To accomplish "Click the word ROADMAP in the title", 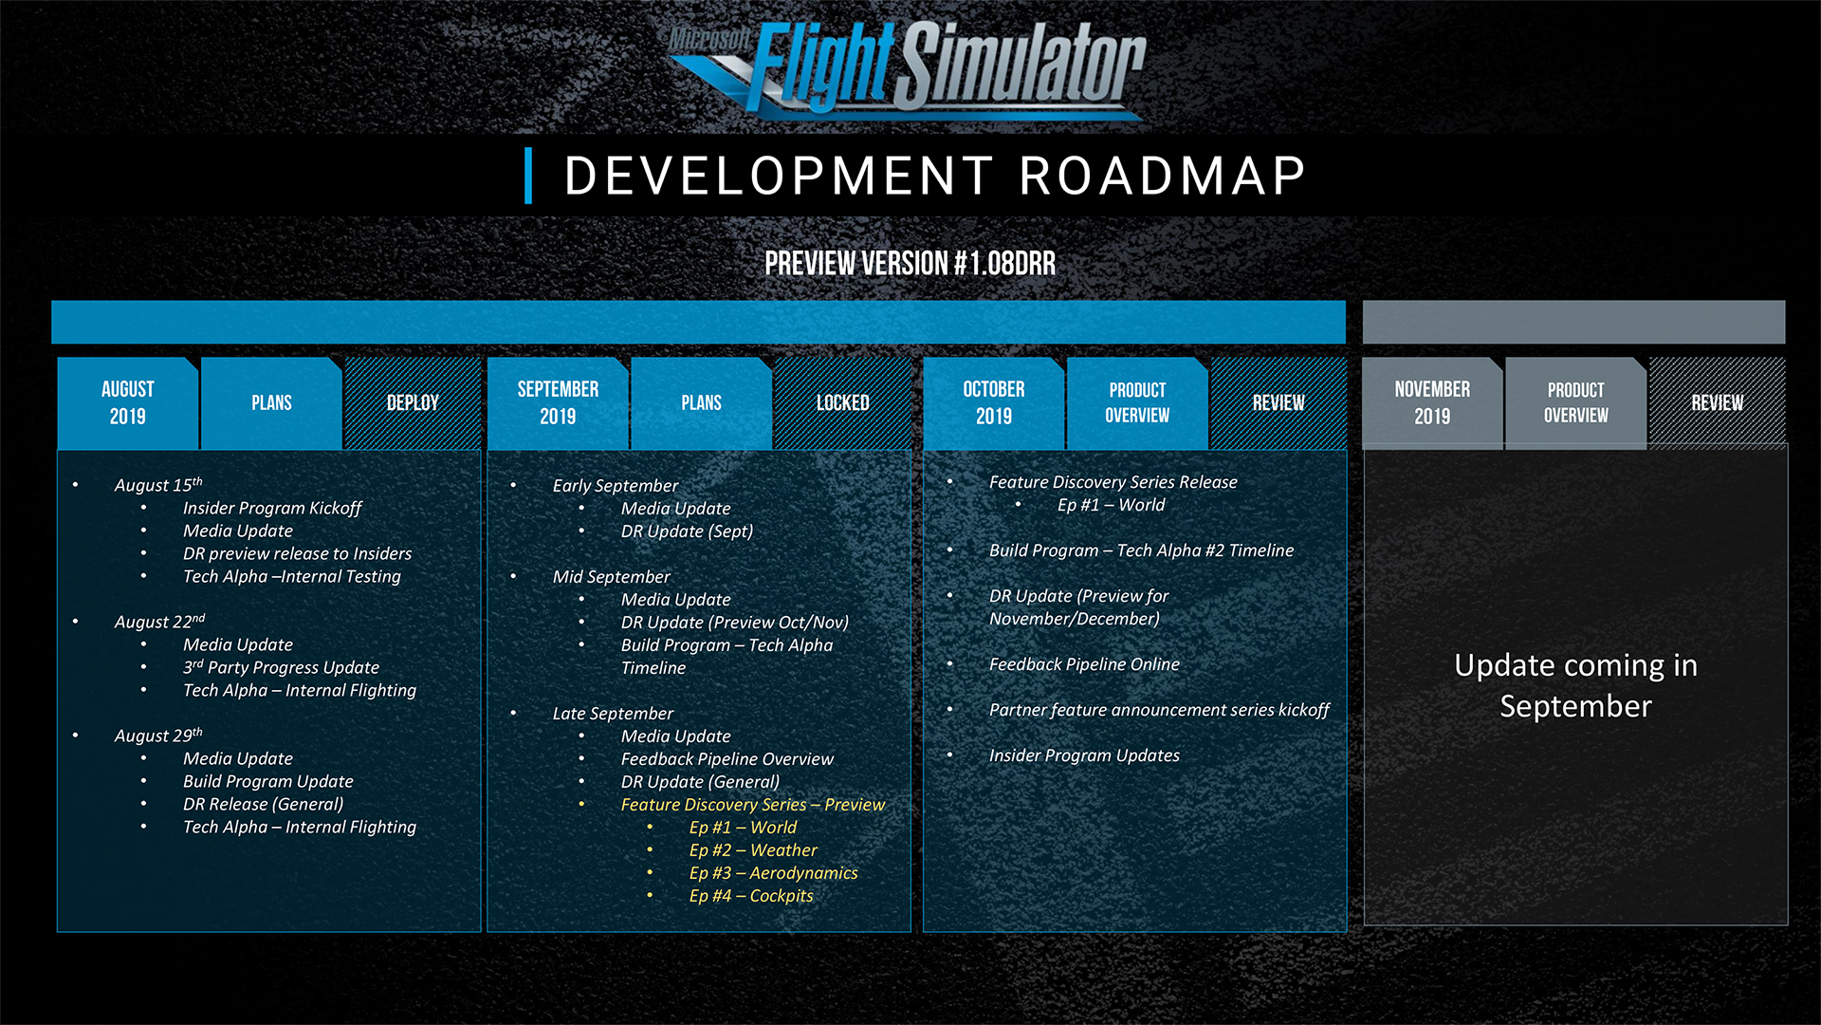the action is pyautogui.click(x=1163, y=176).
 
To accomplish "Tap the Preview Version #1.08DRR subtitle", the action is pyautogui.click(x=910, y=263).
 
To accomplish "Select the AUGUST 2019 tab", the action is pyautogui.click(x=128, y=402).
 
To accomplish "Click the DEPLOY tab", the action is pyautogui.click(x=413, y=402).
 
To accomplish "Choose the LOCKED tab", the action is pyautogui.click(x=842, y=402).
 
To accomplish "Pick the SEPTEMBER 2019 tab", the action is pyautogui.click(x=558, y=402).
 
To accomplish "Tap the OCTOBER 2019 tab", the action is pyautogui.click(x=994, y=402).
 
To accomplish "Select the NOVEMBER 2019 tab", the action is pyautogui.click(x=1432, y=402).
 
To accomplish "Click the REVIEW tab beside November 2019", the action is pyautogui.click(x=1718, y=402).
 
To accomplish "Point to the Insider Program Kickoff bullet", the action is pyautogui.click(x=272, y=509).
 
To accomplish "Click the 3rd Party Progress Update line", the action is pyautogui.click(x=281, y=667).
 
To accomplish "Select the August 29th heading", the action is pyautogui.click(x=158, y=736).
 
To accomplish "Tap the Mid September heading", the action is pyautogui.click(x=611, y=577).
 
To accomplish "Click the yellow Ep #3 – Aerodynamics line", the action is pyautogui.click(x=773, y=873).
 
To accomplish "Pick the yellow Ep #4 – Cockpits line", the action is pyautogui.click(x=751, y=896).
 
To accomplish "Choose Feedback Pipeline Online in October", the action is pyautogui.click(x=1084, y=664).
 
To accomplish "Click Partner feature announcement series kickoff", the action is pyautogui.click(x=1159, y=710).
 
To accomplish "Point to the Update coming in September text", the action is pyautogui.click(x=1575, y=685).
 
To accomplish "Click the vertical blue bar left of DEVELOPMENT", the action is pyautogui.click(x=528, y=176).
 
